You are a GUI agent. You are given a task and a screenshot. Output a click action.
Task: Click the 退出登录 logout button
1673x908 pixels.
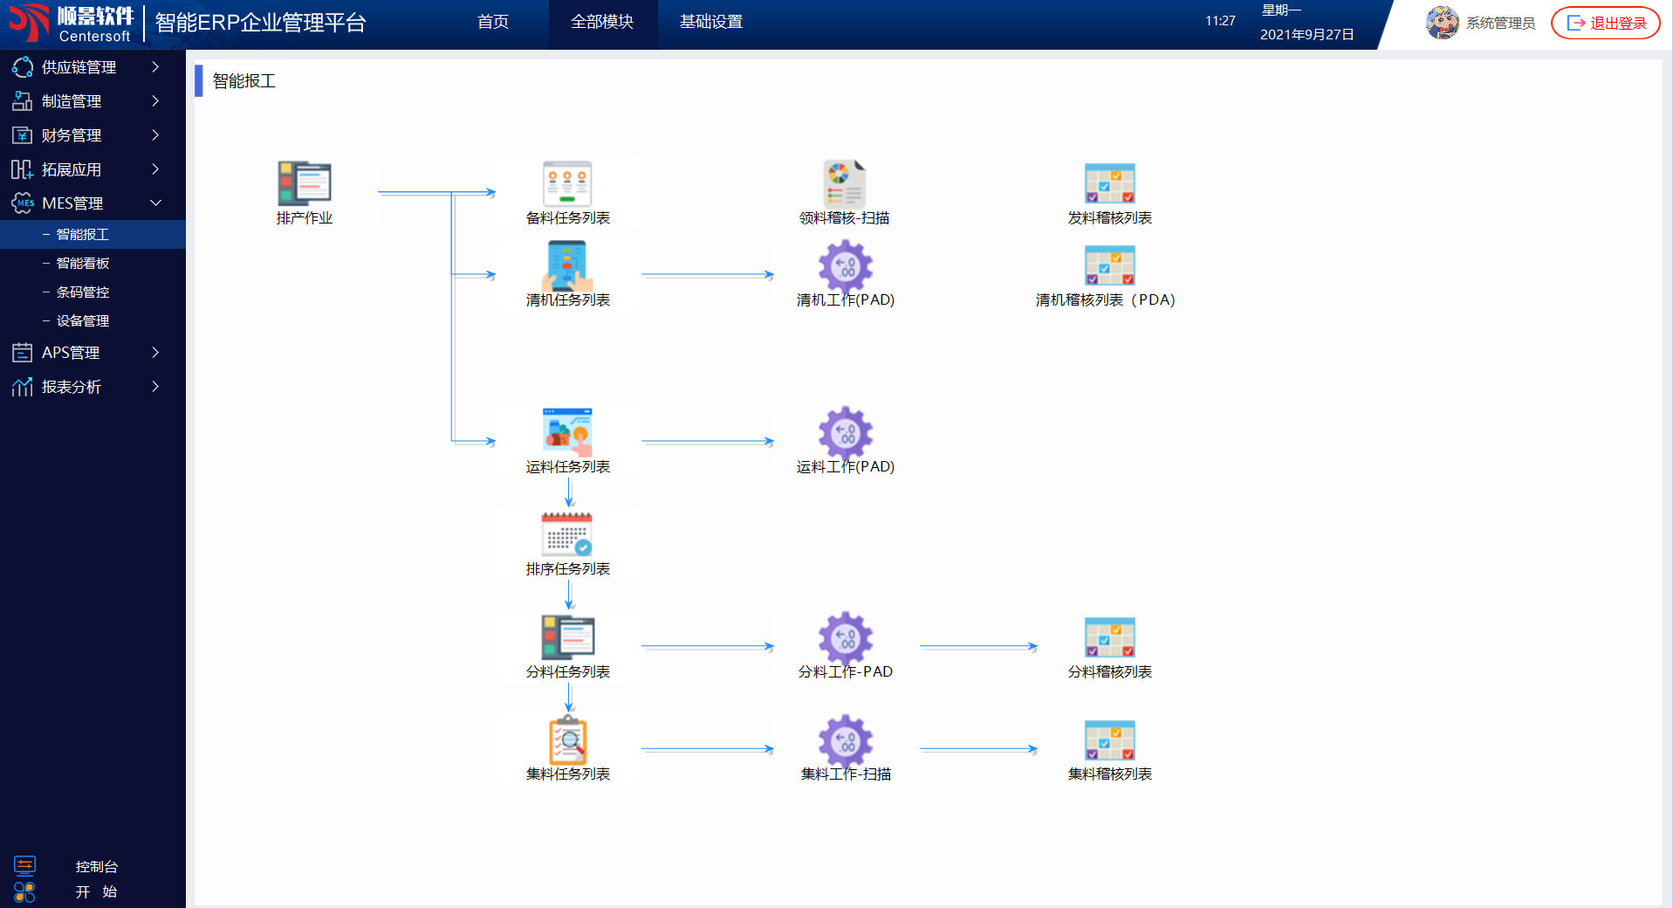click(x=1606, y=23)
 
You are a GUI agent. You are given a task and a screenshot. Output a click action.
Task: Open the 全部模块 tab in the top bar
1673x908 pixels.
click(x=602, y=22)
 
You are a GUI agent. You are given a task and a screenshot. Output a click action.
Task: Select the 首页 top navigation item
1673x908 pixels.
click(x=493, y=22)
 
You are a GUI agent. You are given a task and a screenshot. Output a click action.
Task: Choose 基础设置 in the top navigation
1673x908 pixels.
click(x=711, y=22)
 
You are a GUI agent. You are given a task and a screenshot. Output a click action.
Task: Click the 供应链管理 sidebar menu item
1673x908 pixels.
click(x=79, y=67)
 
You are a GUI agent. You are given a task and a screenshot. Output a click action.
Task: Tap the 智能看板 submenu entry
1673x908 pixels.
click(x=83, y=263)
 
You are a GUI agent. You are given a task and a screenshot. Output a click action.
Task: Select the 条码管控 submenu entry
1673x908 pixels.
click(x=83, y=292)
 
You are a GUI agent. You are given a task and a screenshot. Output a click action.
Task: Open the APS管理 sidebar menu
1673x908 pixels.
click(x=72, y=353)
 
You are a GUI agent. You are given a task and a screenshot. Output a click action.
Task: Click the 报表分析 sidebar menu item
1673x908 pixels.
click(x=72, y=387)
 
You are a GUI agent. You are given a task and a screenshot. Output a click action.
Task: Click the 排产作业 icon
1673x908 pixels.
click(x=305, y=183)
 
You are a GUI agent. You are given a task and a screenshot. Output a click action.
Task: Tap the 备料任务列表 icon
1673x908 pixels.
click(x=567, y=183)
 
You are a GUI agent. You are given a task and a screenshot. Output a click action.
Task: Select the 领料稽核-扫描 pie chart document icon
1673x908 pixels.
click(x=844, y=183)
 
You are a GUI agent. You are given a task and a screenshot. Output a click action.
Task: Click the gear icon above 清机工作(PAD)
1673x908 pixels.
click(x=845, y=265)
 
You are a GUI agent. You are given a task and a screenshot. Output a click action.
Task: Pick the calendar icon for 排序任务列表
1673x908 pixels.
click(x=567, y=534)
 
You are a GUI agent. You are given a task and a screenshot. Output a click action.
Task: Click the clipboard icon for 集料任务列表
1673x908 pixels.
click(x=567, y=740)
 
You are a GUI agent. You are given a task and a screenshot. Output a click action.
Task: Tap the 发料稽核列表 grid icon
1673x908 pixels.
click(x=1109, y=183)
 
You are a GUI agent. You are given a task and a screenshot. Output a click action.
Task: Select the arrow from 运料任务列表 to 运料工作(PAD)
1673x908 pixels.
click(x=707, y=442)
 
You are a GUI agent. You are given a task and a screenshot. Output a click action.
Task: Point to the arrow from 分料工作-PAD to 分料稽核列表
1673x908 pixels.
click(x=977, y=647)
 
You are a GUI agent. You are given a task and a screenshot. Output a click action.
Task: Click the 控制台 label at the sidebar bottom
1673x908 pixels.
click(x=96, y=867)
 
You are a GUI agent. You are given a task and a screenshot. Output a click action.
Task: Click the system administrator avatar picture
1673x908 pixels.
click(x=1442, y=23)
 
